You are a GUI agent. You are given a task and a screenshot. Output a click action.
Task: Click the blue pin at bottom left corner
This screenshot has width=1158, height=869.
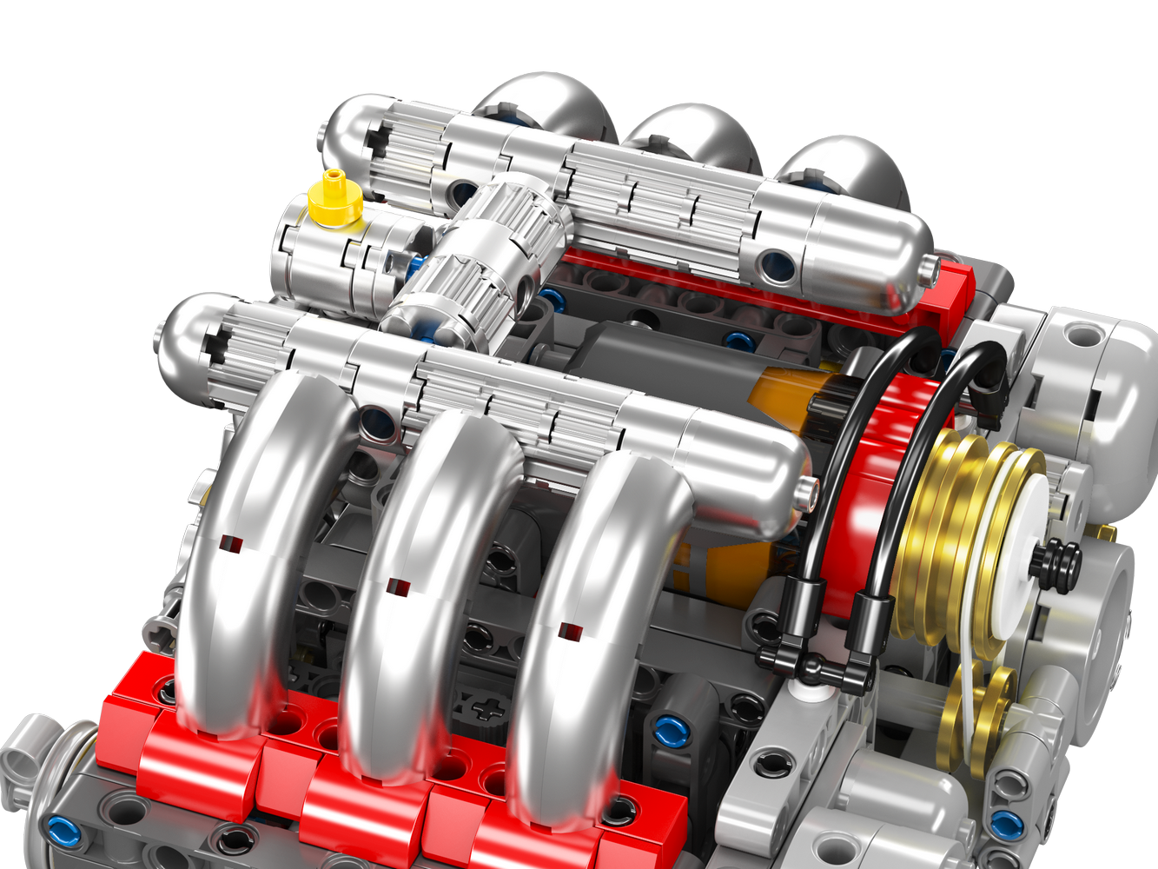pyautogui.click(x=63, y=832)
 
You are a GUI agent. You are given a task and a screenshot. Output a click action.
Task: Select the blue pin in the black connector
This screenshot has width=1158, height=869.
pyautogui.click(x=670, y=731)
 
